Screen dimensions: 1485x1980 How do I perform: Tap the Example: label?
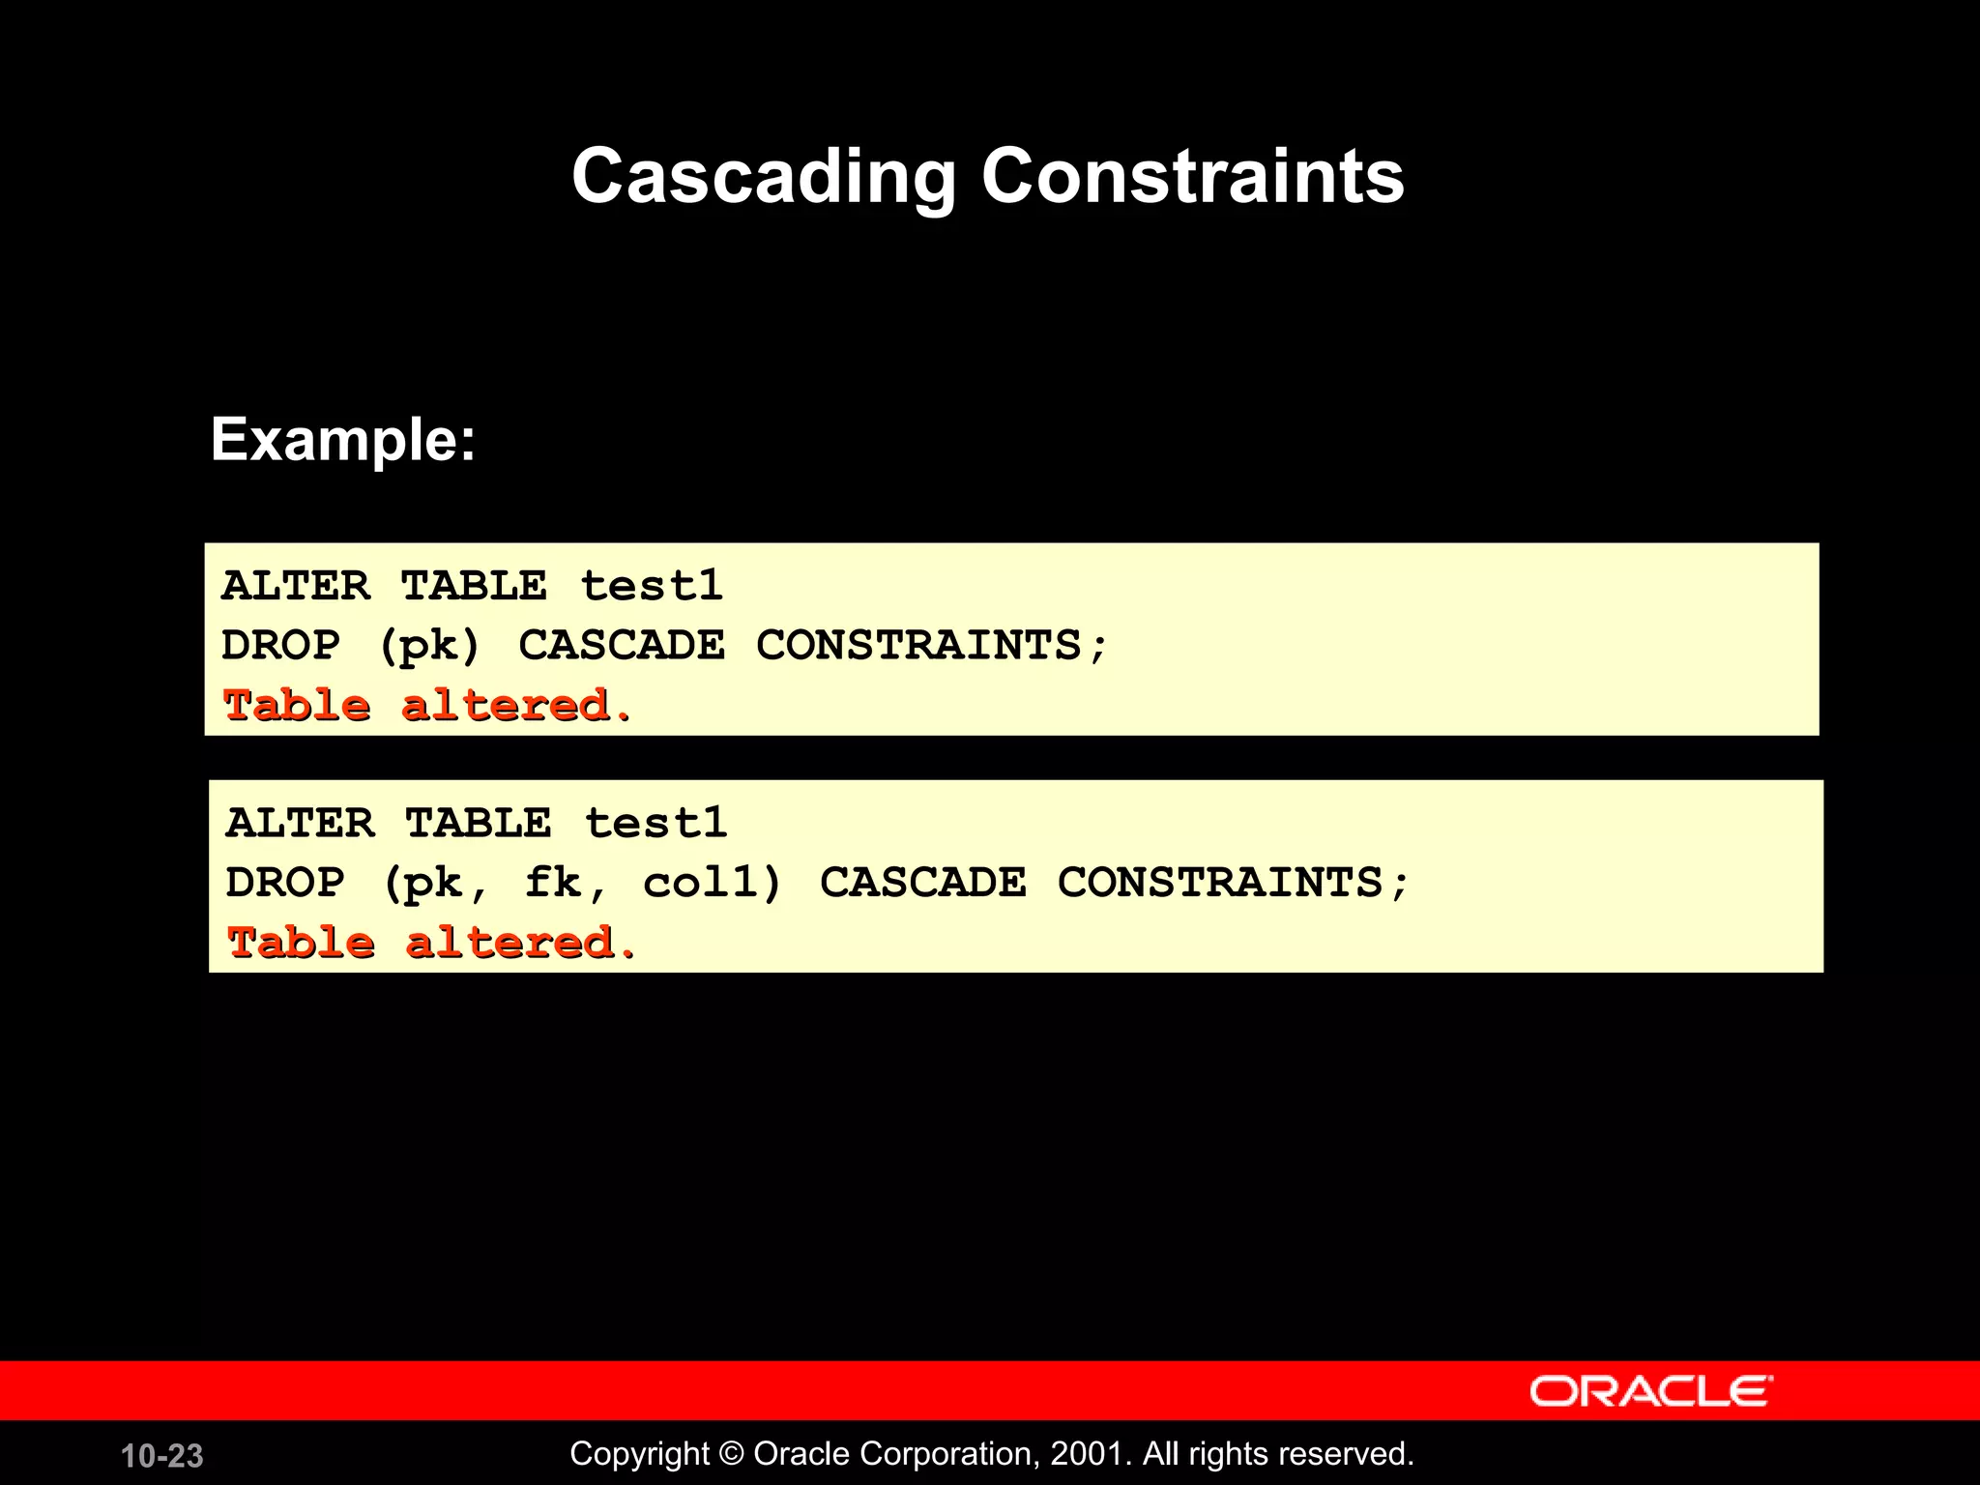pyautogui.click(x=343, y=440)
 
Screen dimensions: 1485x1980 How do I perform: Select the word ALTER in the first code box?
pyautogui.click(x=296, y=586)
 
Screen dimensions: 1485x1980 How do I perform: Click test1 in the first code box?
pyautogui.click(x=652, y=586)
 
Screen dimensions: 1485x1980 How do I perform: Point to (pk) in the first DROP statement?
pyautogui.click(x=429, y=646)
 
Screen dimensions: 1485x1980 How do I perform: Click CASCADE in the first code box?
pyautogui.click(x=622, y=646)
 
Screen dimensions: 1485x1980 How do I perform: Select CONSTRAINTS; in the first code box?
pyautogui.click(x=932, y=646)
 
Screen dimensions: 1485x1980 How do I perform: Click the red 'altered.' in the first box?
pyautogui.click(x=516, y=706)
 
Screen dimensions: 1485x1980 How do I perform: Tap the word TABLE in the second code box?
pyautogui.click(x=479, y=824)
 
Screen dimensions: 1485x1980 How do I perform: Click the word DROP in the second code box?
pyautogui.click(x=285, y=883)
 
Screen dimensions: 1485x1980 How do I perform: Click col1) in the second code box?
pyautogui.click(x=713, y=883)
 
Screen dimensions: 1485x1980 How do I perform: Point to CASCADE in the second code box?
pyautogui.click(x=923, y=883)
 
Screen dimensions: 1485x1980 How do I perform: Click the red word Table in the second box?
pyautogui.click(x=301, y=943)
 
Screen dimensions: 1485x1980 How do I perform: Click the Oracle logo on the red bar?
pyautogui.click(x=1650, y=1391)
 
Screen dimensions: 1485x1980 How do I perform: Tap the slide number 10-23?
pyautogui.click(x=162, y=1456)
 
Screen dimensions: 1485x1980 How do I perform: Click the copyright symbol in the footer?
pyautogui.click(x=732, y=1454)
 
